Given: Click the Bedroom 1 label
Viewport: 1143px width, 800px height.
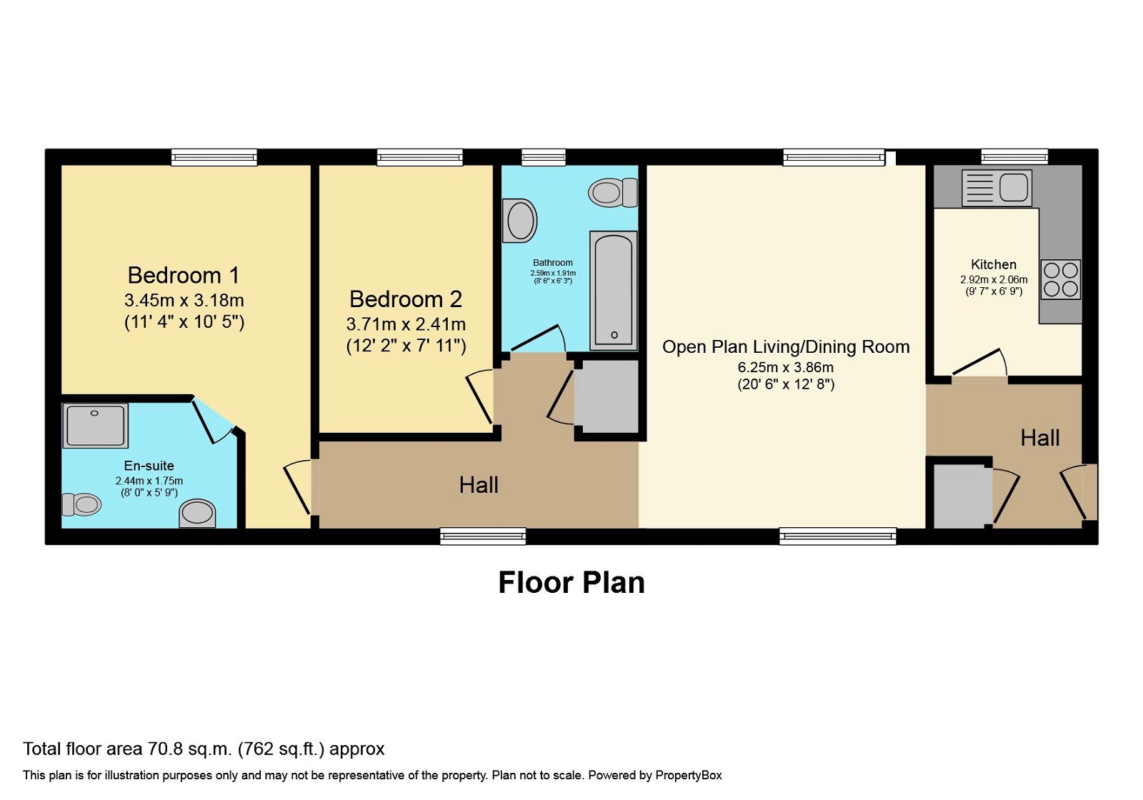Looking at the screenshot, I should [x=183, y=275].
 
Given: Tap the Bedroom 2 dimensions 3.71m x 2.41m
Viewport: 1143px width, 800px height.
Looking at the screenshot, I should [x=406, y=324].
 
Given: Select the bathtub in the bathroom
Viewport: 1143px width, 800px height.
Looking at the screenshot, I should [x=613, y=291].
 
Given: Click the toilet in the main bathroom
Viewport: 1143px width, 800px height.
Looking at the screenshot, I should [x=612, y=192].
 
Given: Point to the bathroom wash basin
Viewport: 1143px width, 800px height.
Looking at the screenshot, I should [x=519, y=221].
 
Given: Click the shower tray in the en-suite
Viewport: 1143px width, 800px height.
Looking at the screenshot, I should [x=95, y=426].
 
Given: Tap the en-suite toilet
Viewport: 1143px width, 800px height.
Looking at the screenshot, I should [x=81, y=504].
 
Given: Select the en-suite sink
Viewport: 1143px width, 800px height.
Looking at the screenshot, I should [x=197, y=513].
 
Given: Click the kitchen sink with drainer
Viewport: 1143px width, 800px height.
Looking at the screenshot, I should [x=996, y=188].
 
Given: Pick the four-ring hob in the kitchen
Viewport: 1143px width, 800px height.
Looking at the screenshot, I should [x=1060, y=279].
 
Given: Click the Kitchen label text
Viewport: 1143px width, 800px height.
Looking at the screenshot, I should [x=993, y=264].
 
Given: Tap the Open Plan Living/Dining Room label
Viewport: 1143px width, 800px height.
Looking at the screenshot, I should [x=786, y=347].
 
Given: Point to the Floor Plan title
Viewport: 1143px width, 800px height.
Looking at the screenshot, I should [x=571, y=583].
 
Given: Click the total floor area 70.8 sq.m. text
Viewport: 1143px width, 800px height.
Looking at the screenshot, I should [x=204, y=749].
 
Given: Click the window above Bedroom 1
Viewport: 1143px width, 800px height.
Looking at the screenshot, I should [x=214, y=157].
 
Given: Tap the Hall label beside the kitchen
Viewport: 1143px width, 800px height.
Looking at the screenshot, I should [x=1039, y=438].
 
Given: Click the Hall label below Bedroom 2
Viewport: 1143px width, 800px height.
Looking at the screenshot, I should [x=478, y=485].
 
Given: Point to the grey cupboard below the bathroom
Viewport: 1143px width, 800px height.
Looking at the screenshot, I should [x=608, y=396].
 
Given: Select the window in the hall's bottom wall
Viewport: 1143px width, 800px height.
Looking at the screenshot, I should [x=483, y=536].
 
